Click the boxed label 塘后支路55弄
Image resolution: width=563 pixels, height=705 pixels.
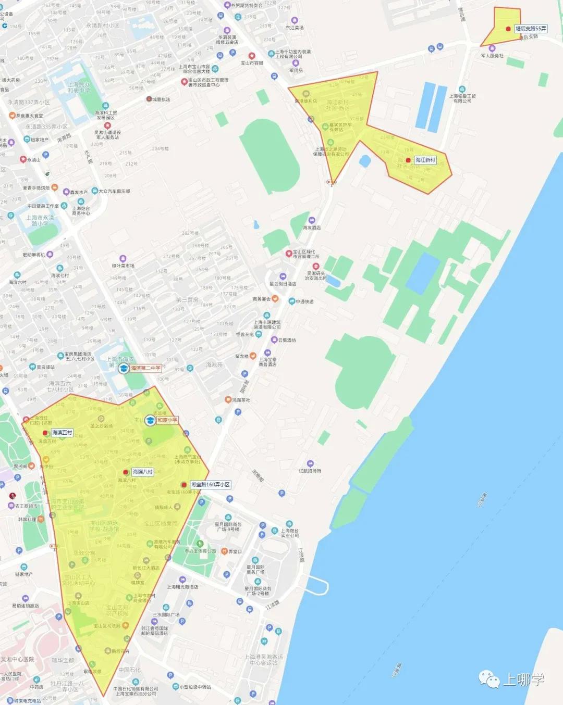point(531,29)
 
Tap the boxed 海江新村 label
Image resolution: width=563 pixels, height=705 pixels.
point(425,160)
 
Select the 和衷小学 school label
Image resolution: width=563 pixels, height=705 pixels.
point(167,420)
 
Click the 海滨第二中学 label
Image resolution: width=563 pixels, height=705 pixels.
point(145,368)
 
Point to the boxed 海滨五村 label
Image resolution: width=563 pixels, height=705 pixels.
point(62,433)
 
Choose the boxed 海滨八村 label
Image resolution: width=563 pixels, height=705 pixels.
point(142,472)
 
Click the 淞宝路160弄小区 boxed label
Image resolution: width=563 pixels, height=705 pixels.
point(210,485)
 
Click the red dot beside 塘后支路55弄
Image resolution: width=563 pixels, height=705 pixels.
point(508,29)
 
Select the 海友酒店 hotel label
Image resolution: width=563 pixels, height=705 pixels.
point(312,228)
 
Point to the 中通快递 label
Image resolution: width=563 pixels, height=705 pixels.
point(304,301)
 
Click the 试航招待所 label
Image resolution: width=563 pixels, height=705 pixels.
point(310,471)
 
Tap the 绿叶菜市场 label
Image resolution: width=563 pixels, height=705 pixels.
point(123,266)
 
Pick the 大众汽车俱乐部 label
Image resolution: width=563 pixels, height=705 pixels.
point(114,191)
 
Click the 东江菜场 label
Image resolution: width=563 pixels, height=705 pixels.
point(295,28)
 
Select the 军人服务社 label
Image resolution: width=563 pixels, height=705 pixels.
point(492,56)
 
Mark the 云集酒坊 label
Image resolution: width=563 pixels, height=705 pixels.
point(287,340)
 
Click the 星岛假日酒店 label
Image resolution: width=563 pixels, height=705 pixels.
point(283,284)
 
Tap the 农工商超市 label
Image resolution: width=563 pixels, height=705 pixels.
point(26,506)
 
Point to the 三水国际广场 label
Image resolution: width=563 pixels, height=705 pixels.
point(166,614)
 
